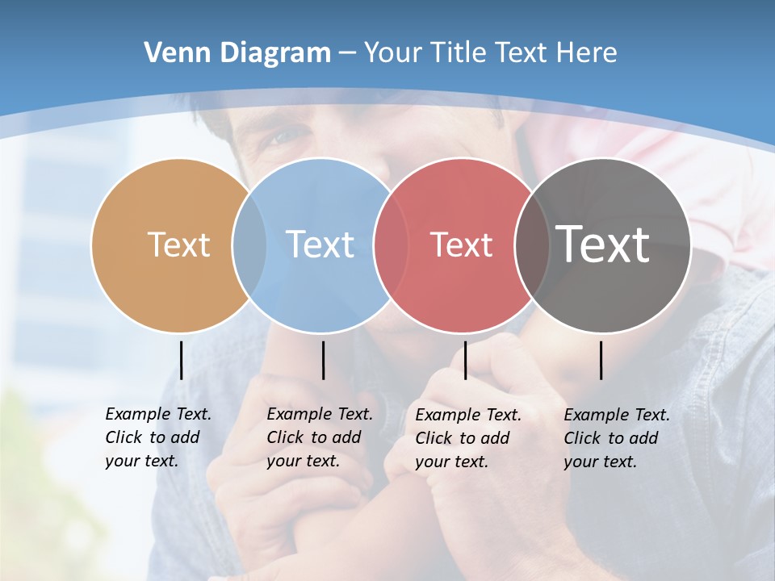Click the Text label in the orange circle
click(178, 245)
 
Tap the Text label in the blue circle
click(320, 245)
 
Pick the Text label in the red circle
click(461, 245)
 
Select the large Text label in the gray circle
click(603, 245)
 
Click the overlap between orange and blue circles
click(249, 245)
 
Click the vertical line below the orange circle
click(181, 360)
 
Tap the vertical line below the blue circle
click(323, 360)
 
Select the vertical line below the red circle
click(465, 360)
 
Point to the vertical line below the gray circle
click(601, 360)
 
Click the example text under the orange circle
click(158, 437)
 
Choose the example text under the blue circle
click(320, 437)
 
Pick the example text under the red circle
click(468, 438)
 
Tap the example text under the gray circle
click(617, 438)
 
